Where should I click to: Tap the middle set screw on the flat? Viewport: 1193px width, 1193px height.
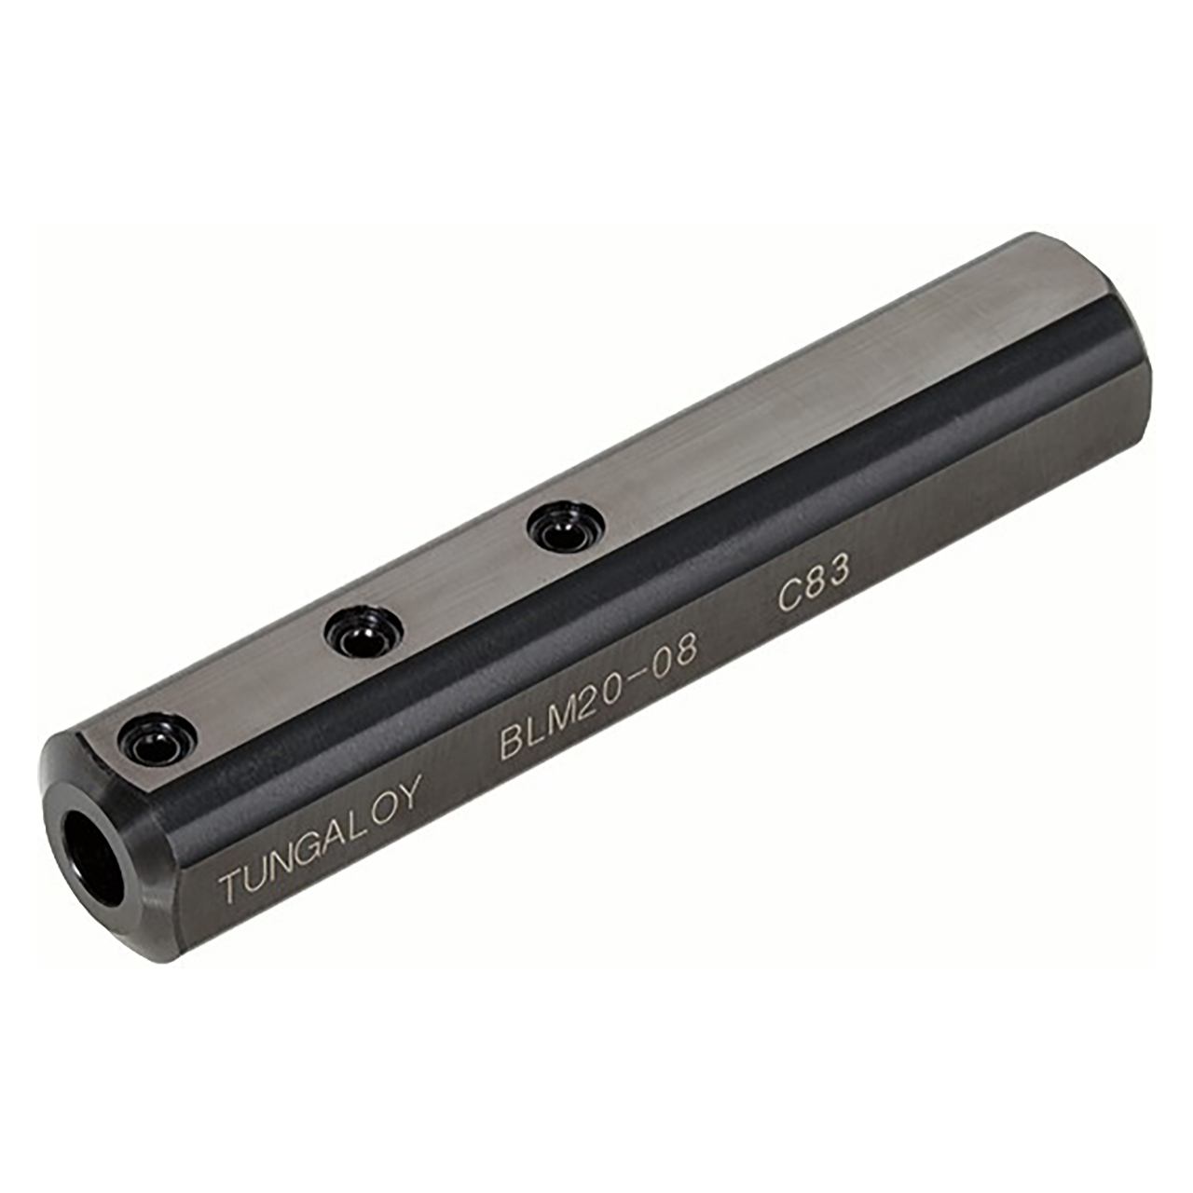point(359,633)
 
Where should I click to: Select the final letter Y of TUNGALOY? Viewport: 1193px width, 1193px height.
point(407,794)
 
